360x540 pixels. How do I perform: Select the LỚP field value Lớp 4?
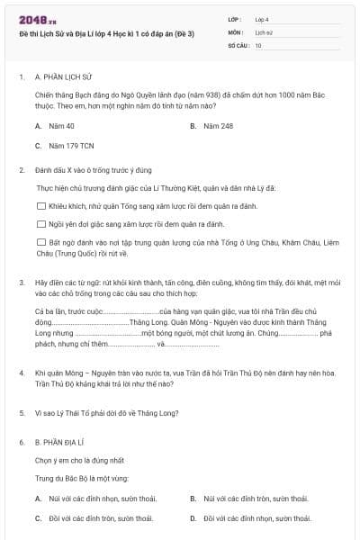[x=262, y=18]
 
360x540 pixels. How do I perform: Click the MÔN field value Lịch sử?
[x=263, y=31]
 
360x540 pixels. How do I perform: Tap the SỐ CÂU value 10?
[x=258, y=44]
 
